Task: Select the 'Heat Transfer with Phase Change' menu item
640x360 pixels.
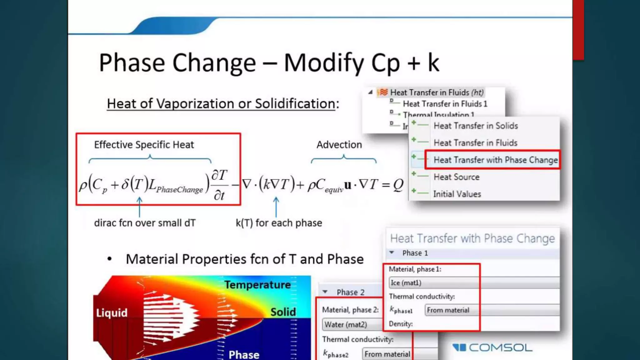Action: pos(495,160)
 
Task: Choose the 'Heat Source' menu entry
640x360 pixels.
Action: pos(456,177)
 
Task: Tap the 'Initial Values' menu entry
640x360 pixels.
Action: pos(457,194)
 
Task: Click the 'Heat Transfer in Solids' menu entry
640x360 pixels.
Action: pos(476,126)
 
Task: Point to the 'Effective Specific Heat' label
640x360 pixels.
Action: pos(144,145)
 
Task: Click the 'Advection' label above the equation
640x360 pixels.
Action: pos(339,145)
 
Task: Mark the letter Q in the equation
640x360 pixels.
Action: pos(398,185)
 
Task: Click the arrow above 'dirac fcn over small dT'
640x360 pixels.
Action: pos(139,206)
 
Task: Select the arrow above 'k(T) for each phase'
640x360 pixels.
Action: pos(276,206)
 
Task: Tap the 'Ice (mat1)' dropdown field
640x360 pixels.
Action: pos(474,283)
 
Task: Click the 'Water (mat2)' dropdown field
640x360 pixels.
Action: pos(352,324)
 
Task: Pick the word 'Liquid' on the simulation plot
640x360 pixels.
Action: pos(112,313)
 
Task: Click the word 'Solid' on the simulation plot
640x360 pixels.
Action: pos(283,312)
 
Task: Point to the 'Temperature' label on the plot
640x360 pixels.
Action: pos(257,285)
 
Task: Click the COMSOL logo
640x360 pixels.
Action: pos(492,347)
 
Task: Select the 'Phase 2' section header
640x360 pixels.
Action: pos(350,292)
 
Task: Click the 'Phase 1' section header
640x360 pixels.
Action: pos(415,253)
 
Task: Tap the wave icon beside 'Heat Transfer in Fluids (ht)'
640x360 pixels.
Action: pos(383,92)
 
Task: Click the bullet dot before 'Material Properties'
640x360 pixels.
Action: pos(109,259)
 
